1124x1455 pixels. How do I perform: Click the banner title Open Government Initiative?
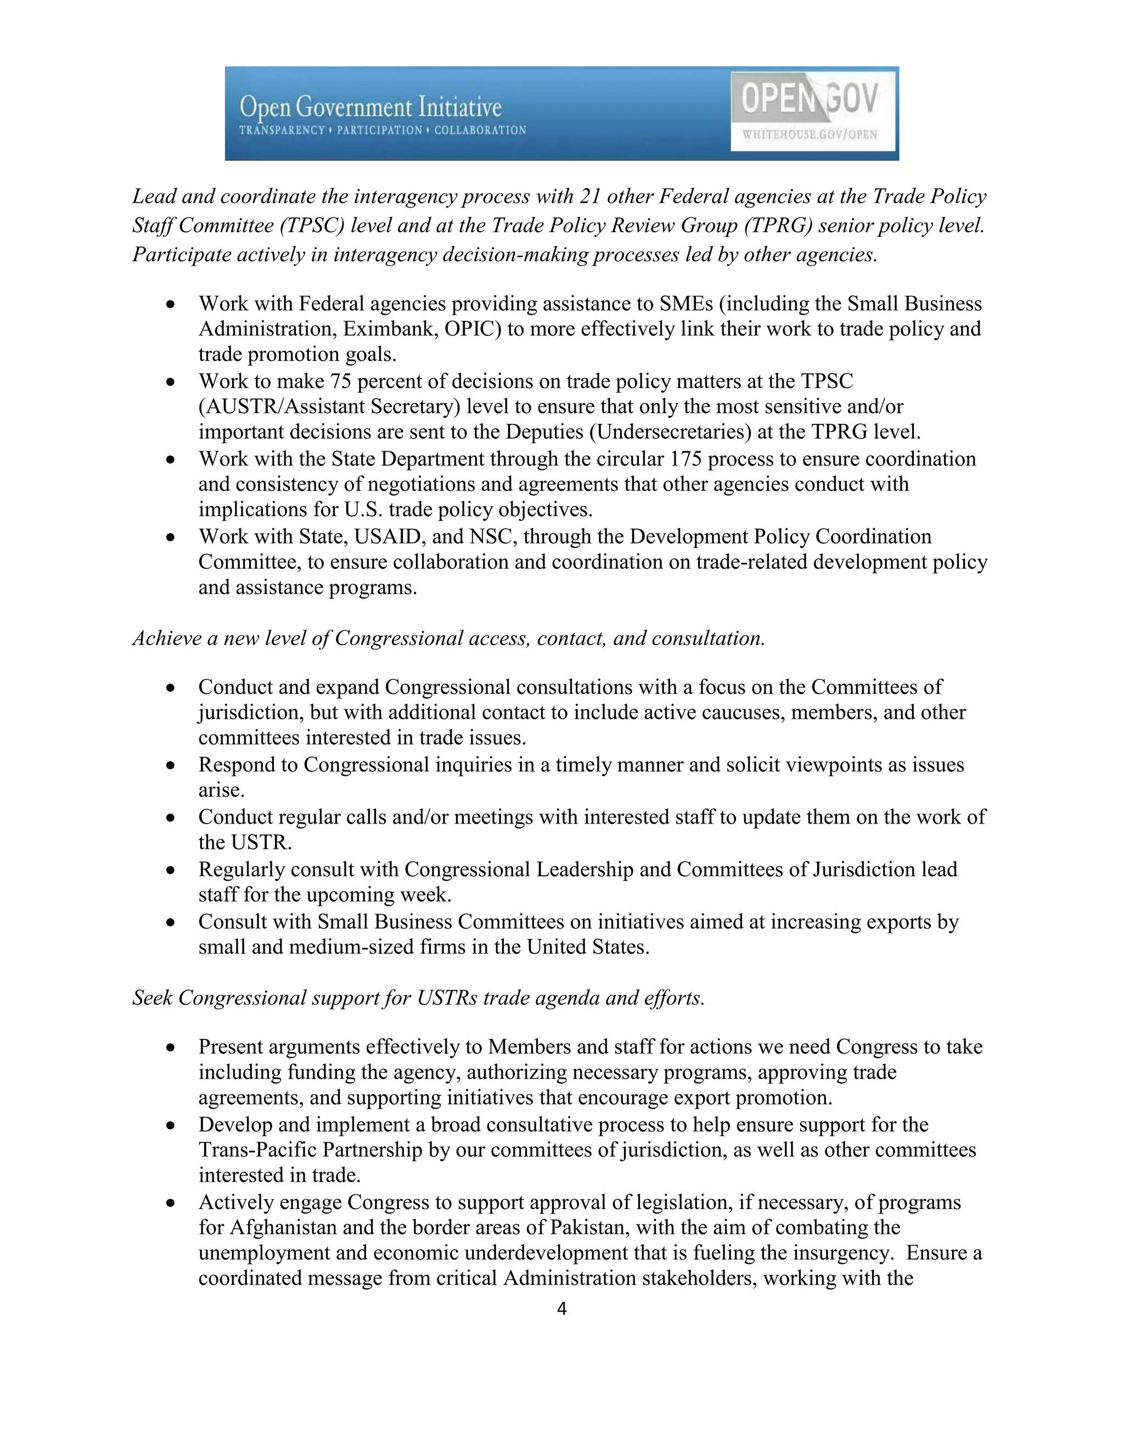pos(370,107)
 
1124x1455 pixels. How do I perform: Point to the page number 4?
pos(561,1309)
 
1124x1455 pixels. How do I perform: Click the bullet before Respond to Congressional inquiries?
pos(171,766)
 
